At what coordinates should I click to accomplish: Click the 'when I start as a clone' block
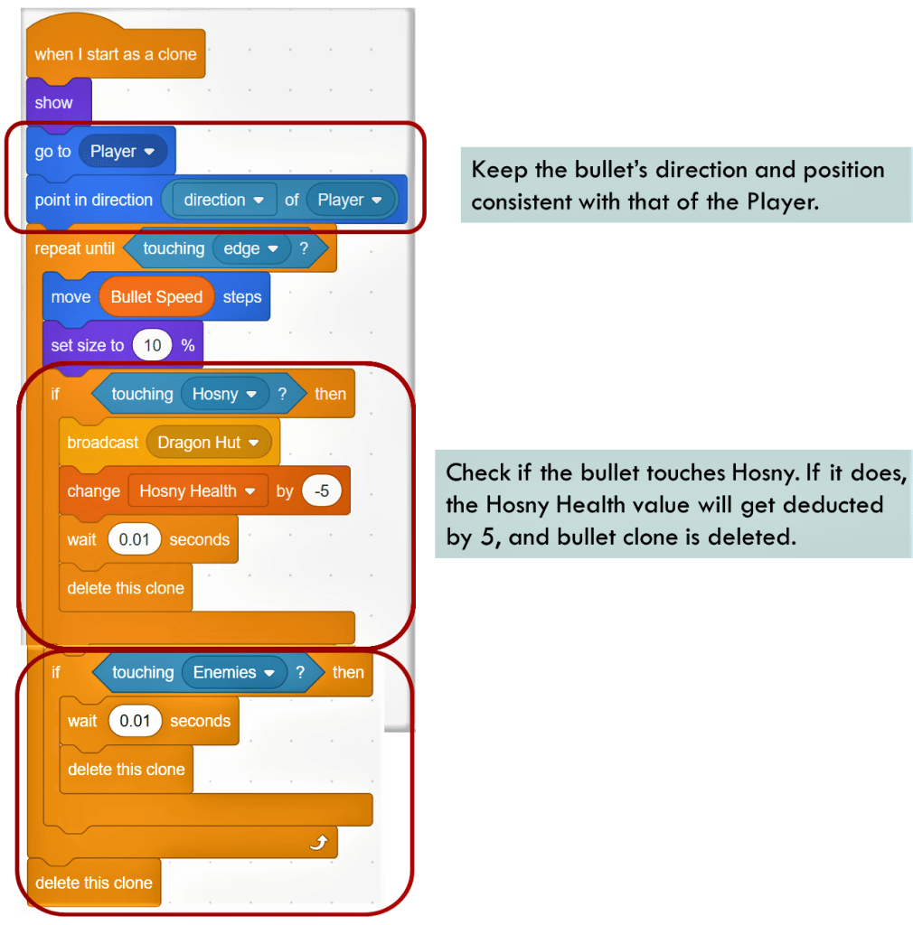point(115,54)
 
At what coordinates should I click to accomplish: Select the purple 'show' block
point(53,103)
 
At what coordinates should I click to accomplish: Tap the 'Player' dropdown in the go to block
point(123,152)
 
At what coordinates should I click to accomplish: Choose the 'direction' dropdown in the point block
point(223,201)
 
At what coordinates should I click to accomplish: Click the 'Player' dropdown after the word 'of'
point(351,201)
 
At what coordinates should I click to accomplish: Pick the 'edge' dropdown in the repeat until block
point(251,249)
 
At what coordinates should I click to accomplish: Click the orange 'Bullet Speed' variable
point(156,297)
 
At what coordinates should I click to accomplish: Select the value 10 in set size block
point(152,346)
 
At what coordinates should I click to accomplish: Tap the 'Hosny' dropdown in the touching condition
point(225,395)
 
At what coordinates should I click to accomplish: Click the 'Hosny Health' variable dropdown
point(198,491)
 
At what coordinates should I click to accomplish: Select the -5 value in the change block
point(321,491)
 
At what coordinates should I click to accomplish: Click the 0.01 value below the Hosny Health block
point(135,540)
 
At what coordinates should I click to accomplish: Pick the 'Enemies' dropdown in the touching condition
point(233,673)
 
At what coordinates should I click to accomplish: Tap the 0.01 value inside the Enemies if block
point(136,722)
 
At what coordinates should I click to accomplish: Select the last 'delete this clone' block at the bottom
point(93,883)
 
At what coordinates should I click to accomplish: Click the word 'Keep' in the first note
point(496,171)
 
